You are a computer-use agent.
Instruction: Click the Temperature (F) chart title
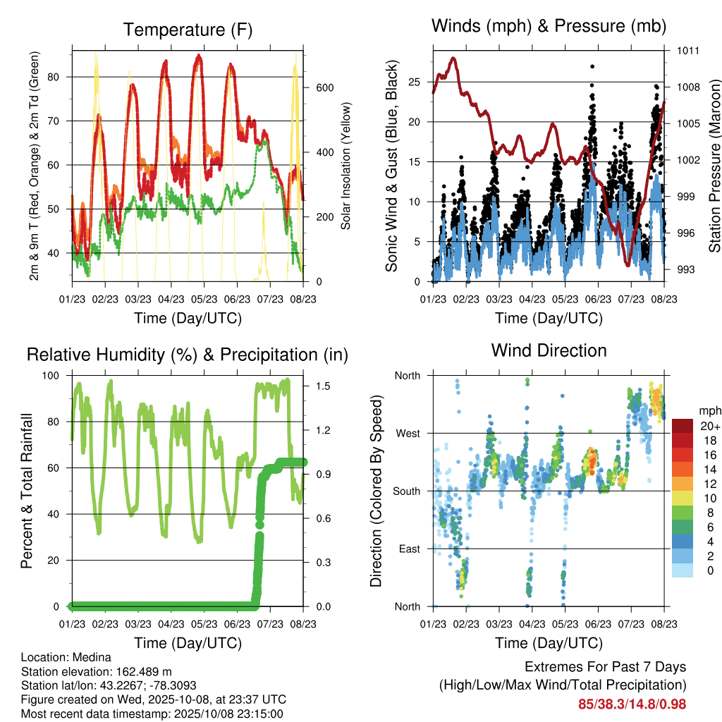(x=188, y=30)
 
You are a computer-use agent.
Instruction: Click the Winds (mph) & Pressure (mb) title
(x=549, y=26)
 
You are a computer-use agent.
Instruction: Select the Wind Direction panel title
(x=549, y=350)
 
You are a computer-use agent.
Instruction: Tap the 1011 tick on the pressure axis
(x=689, y=51)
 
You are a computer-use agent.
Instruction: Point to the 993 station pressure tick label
(x=687, y=269)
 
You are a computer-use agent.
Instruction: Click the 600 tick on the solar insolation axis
(x=324, y=88)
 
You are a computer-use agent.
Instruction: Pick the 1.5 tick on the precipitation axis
(x=321, y=386)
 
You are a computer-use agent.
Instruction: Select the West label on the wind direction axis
(x=407, y=433)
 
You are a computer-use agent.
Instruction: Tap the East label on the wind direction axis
(x=408, y=549)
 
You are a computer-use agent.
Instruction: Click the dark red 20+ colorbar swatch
(x=683, y=426)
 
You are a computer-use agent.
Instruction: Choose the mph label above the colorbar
(x=709, y=410)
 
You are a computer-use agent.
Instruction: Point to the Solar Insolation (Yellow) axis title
(x=346, y=166)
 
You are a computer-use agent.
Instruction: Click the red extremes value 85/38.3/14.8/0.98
(x=632, y=704)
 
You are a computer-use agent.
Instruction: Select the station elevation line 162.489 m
(x=97, y=671)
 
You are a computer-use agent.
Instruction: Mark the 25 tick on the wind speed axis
(x=415, y=82)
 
